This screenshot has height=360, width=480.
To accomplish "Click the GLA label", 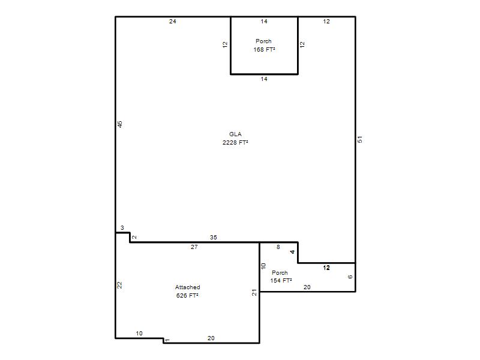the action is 235,134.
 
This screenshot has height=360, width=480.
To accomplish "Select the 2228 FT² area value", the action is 235,142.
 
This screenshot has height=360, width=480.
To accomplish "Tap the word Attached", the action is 187,287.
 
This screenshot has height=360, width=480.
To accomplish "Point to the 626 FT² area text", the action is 187,295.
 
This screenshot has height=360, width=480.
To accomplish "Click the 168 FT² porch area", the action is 264,49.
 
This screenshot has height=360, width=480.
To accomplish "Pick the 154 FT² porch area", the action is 281,280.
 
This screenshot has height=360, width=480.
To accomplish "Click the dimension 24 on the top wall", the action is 173,22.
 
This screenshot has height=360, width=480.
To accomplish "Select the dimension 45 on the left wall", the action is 119,124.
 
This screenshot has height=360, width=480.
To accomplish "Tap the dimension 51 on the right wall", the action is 360,139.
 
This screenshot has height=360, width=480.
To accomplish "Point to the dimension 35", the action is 214,237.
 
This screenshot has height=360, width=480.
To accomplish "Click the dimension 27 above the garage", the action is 194,247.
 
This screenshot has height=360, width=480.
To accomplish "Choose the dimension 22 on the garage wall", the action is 119,285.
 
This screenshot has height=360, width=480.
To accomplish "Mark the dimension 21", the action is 254,293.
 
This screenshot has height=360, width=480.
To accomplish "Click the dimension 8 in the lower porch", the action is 278,247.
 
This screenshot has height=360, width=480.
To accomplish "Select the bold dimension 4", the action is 292,252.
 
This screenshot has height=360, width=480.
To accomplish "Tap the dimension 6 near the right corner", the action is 350,277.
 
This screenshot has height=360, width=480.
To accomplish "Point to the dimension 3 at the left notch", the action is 122,228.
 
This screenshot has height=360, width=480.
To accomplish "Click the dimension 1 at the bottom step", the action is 167,340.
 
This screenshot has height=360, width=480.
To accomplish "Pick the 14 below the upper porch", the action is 264,79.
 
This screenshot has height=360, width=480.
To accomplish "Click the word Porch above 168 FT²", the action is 263,41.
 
